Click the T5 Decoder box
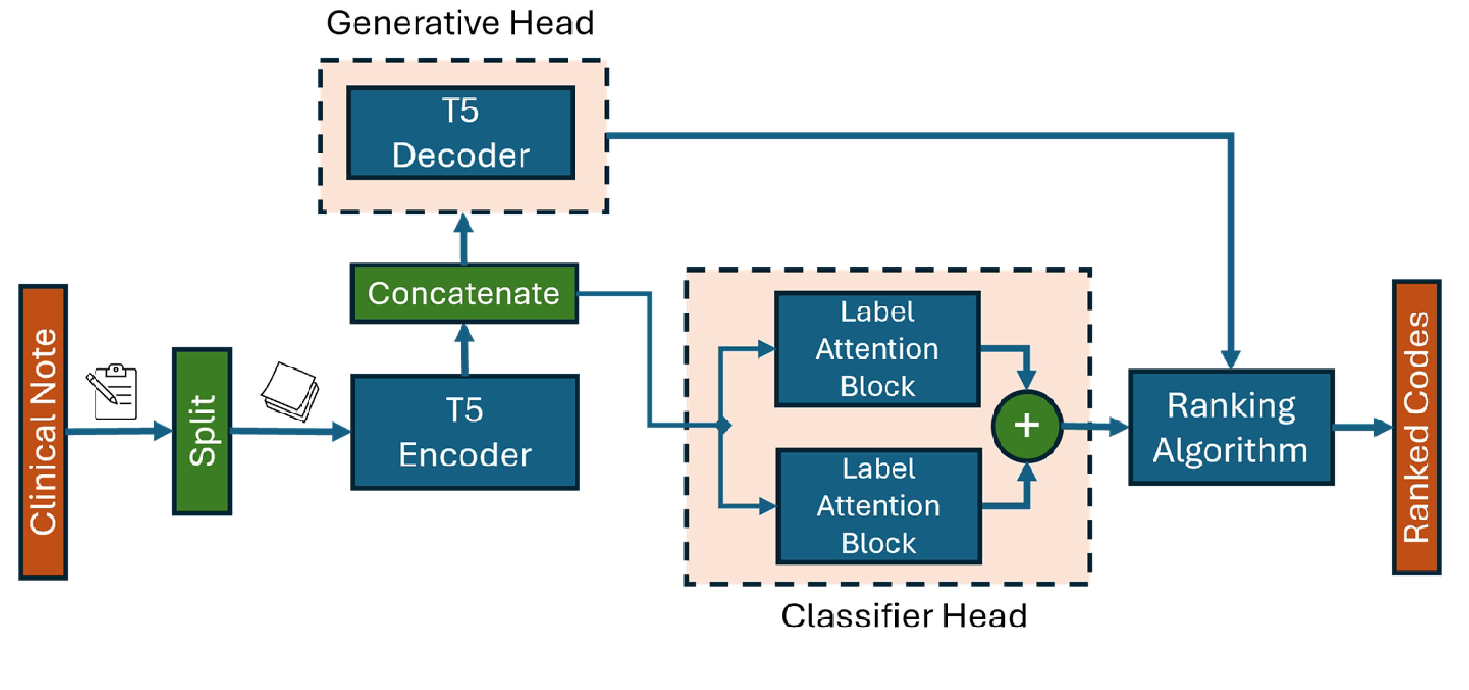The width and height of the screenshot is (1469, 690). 461,133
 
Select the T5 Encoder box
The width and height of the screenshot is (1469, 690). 465,432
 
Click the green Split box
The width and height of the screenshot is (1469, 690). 202,431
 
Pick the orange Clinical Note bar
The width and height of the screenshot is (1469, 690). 43,432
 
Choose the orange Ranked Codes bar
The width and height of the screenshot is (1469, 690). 1416,427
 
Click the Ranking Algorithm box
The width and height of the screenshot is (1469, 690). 1231,427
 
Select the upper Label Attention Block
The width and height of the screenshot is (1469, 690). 877,349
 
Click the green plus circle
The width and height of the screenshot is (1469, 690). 1027,425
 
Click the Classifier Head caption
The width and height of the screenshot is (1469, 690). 904,616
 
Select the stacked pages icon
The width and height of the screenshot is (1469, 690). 290,391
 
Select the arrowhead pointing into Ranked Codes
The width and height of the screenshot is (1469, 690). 1383,427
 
